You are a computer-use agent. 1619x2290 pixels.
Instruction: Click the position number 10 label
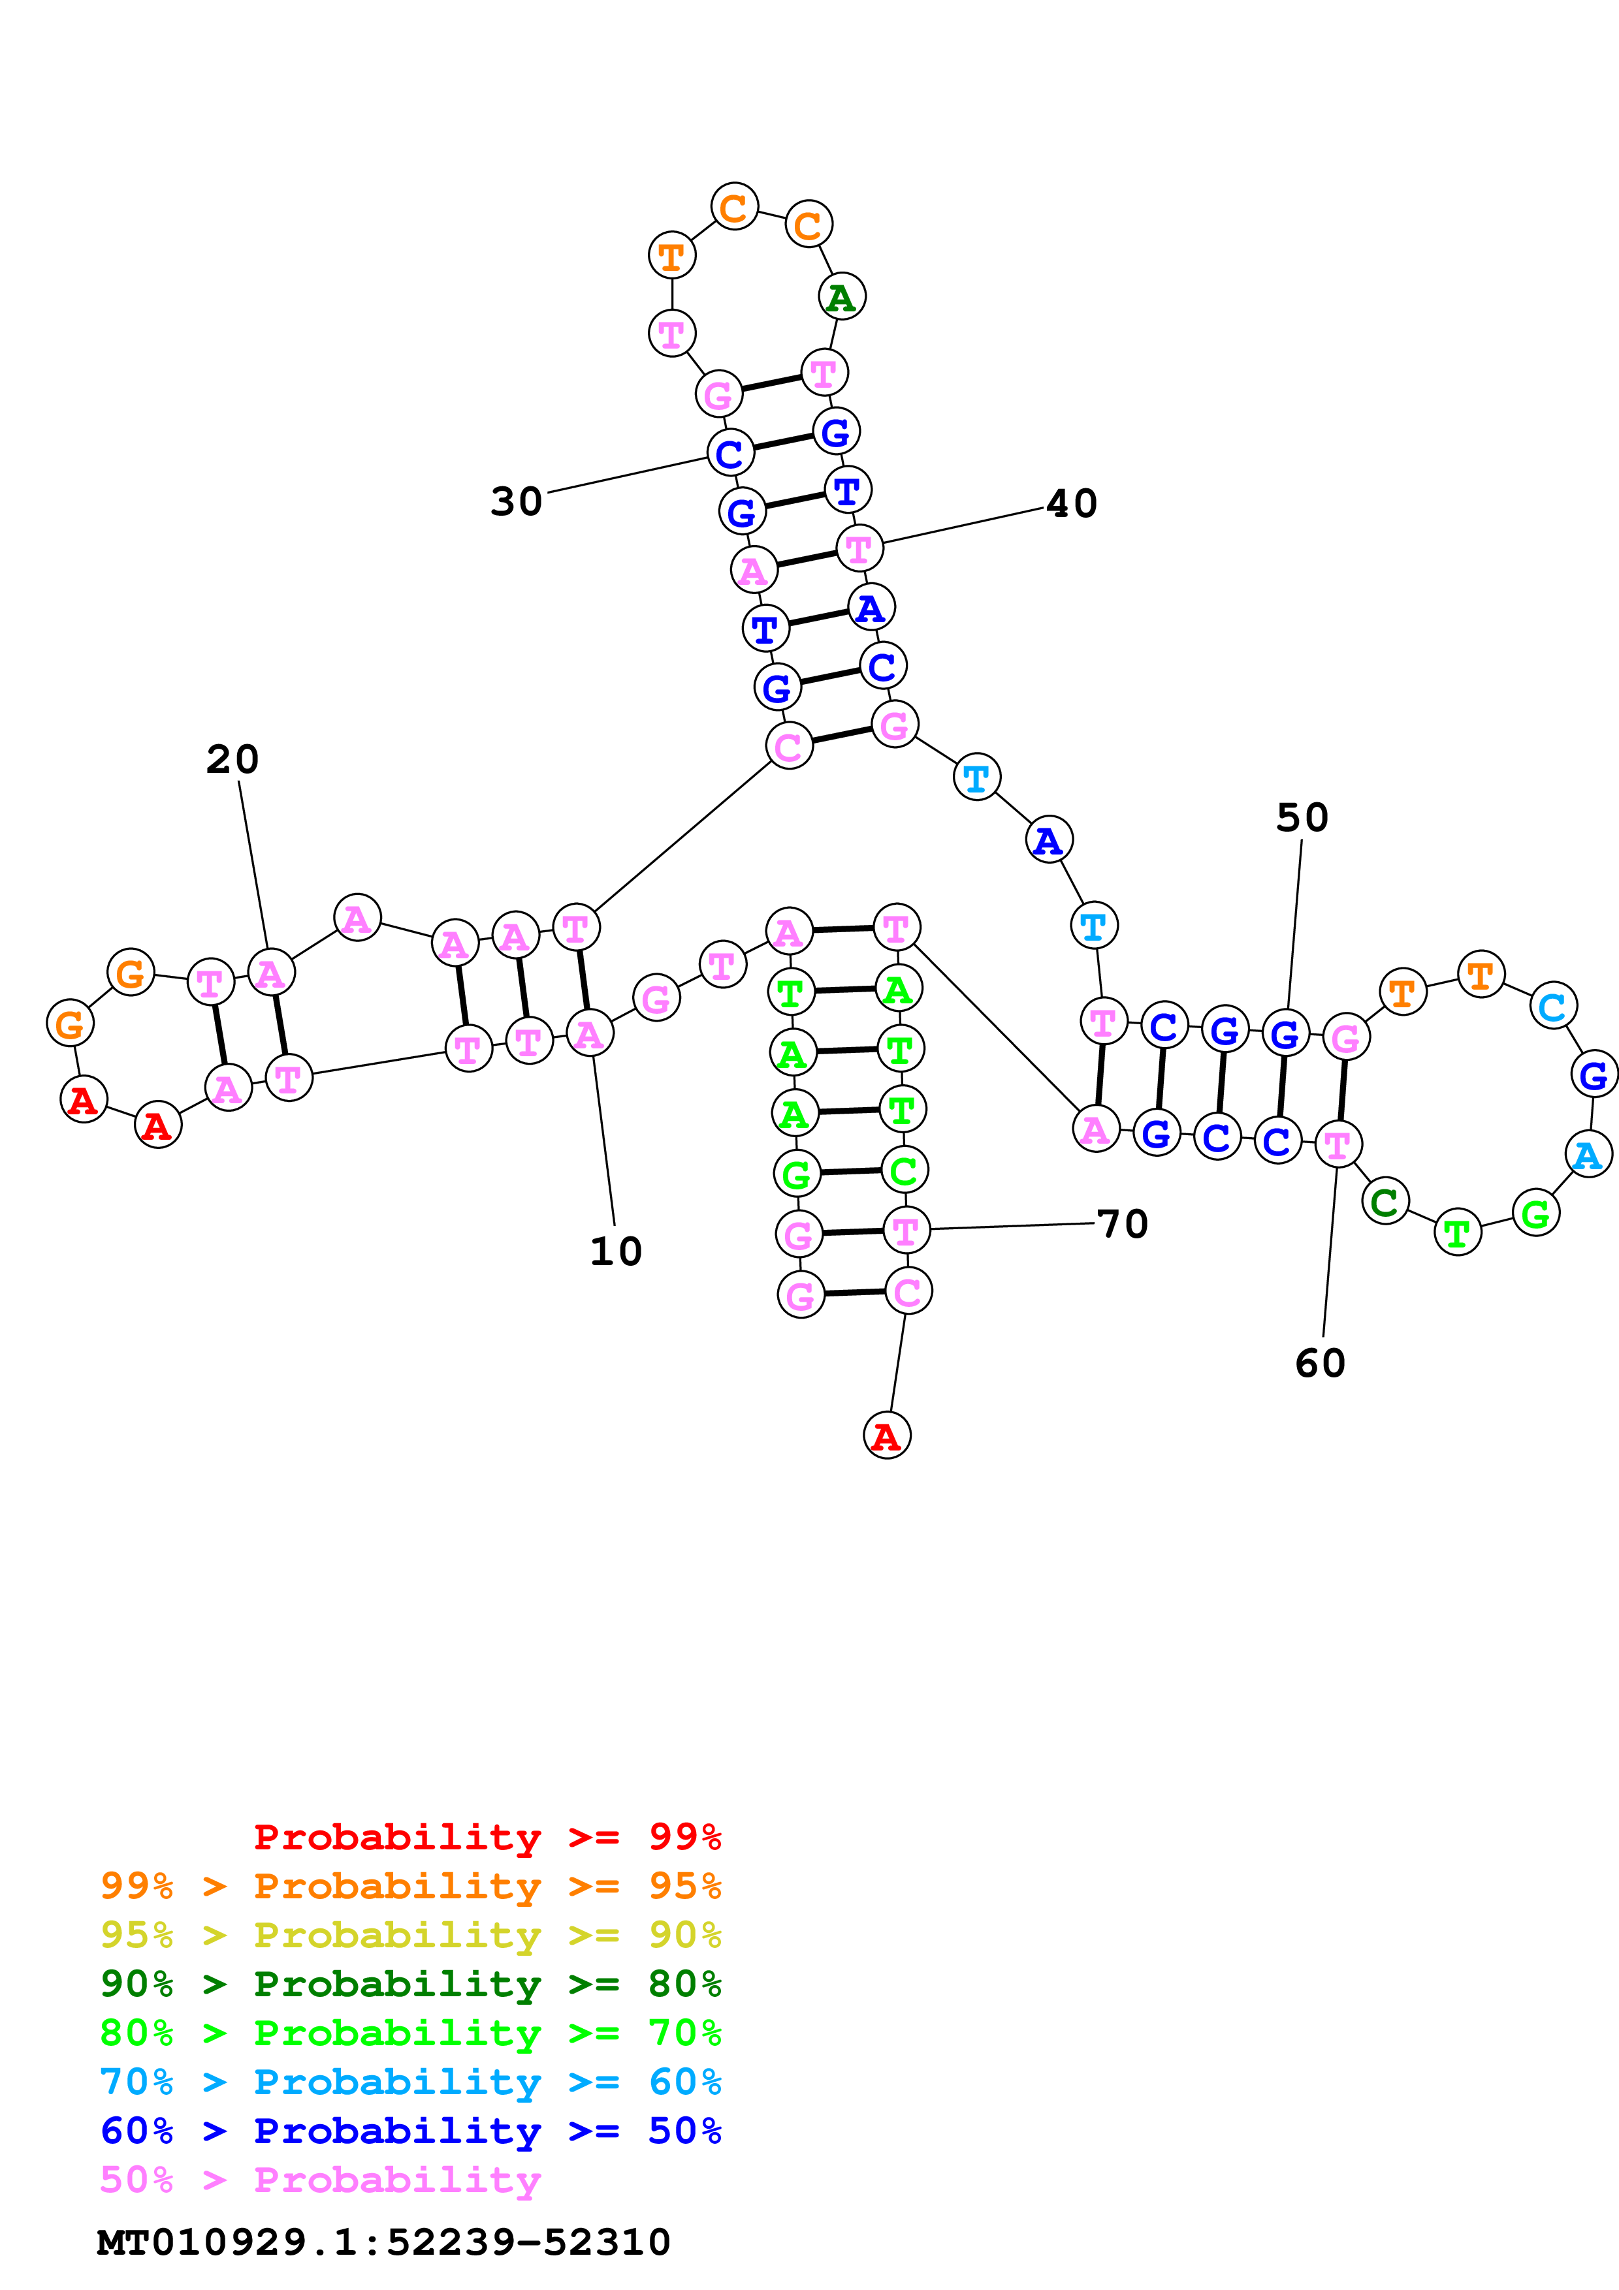click(615, 1251)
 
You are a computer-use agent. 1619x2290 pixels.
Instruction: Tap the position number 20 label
click(232, 760)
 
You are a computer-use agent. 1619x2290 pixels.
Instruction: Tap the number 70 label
click(1122, 1224)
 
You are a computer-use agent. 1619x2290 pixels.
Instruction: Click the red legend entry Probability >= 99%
click(487, 1837)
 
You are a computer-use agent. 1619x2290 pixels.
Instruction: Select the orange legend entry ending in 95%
click(410, 1886)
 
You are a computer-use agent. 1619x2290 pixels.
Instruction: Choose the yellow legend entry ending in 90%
click(410, 1935)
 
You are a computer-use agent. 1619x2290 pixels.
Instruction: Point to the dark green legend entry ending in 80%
click(410, 1984)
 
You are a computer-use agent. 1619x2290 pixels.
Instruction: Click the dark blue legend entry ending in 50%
click(410, 2131)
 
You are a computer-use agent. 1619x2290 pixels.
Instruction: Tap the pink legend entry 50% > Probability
click(319, 2179)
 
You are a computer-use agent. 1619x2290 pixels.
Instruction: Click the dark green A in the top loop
click(842, 297)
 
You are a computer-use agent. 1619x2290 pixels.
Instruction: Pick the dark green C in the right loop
click(1385, 1202)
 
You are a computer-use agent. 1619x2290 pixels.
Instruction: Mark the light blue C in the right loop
click(1552, 1007)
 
